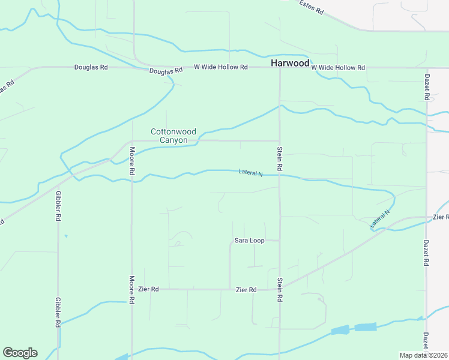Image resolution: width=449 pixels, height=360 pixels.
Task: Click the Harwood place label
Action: tap(290, 63)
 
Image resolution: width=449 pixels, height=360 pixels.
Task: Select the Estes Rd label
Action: tap(312, 7)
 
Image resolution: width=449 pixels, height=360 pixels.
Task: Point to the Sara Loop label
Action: tap(249, 241)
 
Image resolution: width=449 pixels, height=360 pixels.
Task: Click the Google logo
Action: tap(20, 353)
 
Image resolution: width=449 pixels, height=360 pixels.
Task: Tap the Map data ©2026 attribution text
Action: tap(423, 355)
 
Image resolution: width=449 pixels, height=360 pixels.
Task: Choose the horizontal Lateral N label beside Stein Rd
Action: tap(251, 173)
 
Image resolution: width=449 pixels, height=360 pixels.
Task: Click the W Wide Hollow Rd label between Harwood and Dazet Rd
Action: tap(338, 68)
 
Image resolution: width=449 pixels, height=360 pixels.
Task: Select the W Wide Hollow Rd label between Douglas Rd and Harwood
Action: tap(220, 67)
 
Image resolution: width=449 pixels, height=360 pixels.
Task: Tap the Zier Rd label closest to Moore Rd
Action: tap(148, 289)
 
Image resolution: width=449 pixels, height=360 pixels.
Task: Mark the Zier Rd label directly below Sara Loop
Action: tap(246, 290)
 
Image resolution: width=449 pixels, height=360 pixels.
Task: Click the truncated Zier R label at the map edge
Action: tap(440, 217)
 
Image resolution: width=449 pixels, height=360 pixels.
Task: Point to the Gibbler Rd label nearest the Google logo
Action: tap(58, 311)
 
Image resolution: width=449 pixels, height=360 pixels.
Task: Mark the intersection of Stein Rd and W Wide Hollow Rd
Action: tap(279, 68)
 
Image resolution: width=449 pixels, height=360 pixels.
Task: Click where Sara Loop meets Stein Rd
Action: tap(279, 241)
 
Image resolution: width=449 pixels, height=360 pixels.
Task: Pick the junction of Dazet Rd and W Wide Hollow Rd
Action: tap(426, 68)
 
